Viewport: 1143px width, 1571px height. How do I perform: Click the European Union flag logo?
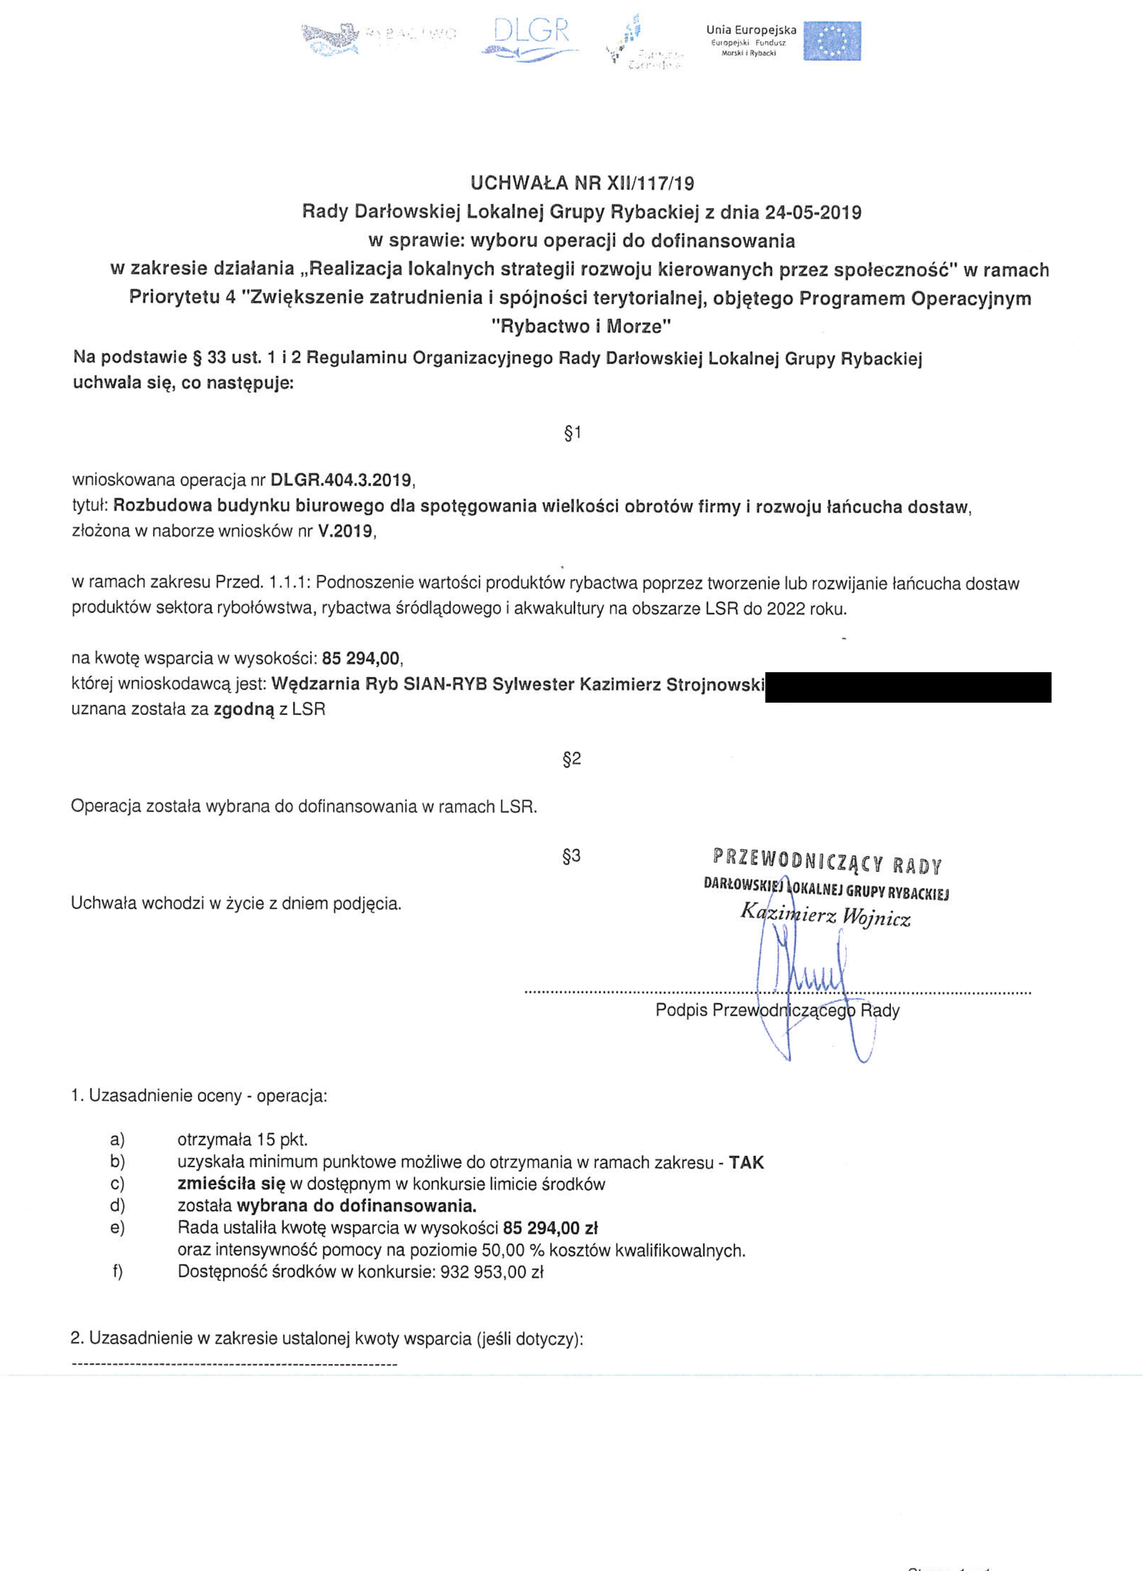832,40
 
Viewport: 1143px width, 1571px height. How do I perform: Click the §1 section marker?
572,434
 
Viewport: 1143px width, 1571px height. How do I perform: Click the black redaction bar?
908,687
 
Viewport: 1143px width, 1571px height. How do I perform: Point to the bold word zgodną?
245,709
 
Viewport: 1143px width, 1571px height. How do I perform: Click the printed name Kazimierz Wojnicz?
825,915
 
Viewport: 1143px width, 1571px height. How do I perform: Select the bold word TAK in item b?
746,1163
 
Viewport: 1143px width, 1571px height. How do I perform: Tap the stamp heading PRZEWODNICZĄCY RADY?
827,863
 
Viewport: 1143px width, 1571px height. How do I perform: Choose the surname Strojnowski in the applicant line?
715,685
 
